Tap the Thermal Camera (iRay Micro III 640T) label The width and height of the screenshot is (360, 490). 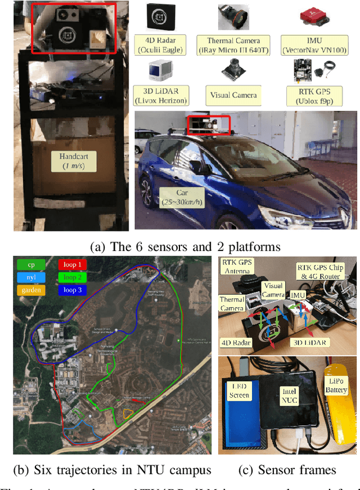233,44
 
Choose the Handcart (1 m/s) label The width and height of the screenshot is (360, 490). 73,160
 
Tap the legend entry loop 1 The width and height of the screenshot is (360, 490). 72,264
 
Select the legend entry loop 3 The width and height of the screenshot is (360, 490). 72,290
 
